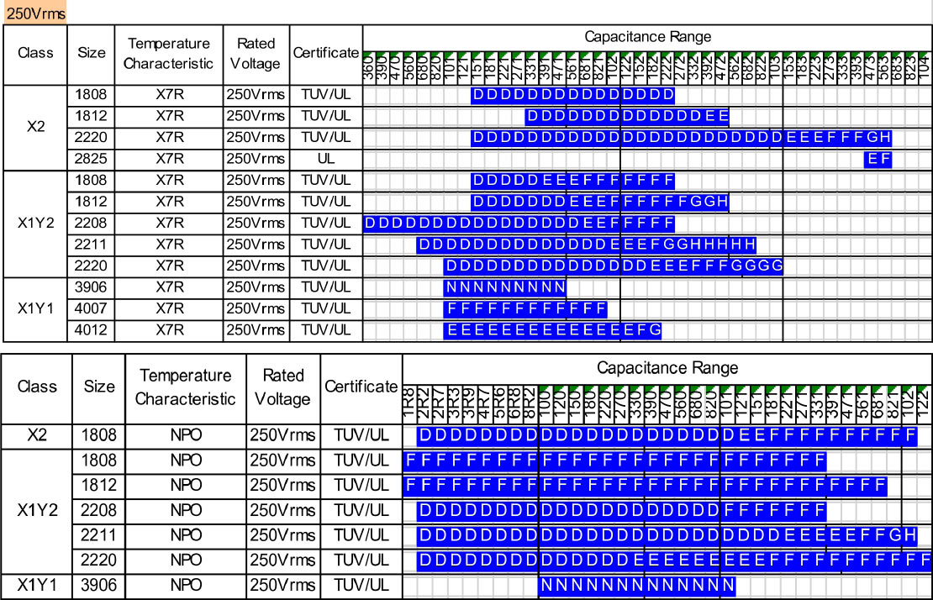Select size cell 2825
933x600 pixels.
click(x=92, y=158)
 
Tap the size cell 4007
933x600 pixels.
click(x=92, y=308)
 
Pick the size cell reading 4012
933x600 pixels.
click(x=92, y=329)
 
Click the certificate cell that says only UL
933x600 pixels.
click(x=325, y=158)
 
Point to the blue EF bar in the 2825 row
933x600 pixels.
click(x=878, y=159)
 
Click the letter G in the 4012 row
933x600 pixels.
click(x=655, y=330)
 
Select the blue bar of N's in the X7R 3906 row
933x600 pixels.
click(x=505, y=287)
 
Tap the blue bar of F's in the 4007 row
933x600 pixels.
click(x=525, y=308)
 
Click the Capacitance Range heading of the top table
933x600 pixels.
click(x=647, y=36)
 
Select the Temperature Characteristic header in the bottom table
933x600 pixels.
click(x=185, y=387)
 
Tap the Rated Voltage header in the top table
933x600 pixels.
click(x=256, y=53)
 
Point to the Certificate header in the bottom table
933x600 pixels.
click(x=361, y=387)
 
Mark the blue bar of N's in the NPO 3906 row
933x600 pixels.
click(x=637, y=585)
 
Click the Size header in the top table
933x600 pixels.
click(x=92, y=53)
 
